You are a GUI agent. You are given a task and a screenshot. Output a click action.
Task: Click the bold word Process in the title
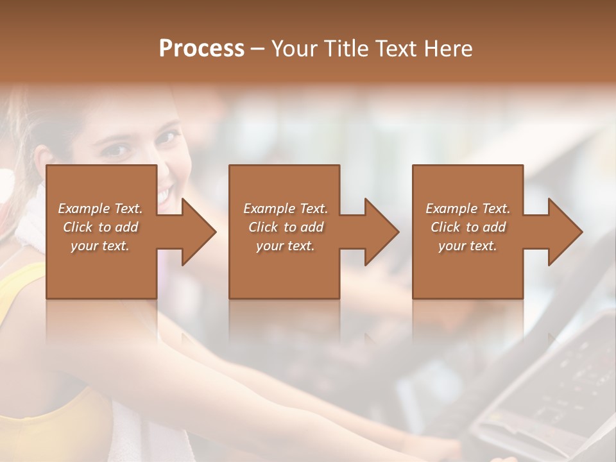[x=201, y=48]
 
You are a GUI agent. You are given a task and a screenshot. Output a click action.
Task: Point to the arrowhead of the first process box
[x=198, y=232]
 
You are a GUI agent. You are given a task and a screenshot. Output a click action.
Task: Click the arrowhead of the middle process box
[x=381, y=232]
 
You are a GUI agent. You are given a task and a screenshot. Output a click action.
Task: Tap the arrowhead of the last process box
[x=565, y=232]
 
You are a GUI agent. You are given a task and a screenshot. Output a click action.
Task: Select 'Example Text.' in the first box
[x=100, y=209]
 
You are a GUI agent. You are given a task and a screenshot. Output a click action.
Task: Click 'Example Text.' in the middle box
[x=286, y=209]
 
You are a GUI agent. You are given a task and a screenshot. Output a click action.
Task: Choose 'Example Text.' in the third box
[x=468, y=209]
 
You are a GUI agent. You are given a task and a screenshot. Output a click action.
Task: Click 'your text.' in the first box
[x=100, y=246]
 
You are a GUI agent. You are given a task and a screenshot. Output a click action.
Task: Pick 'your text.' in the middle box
[x=286, y=246]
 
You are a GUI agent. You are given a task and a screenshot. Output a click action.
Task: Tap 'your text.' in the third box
[x=468, y=246]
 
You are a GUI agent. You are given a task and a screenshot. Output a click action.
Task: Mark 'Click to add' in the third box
[x=468, y=227]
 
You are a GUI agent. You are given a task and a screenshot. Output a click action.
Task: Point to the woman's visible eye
[x=116, y=150]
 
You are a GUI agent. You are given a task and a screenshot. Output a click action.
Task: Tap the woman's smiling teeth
[x=165, y=193]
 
